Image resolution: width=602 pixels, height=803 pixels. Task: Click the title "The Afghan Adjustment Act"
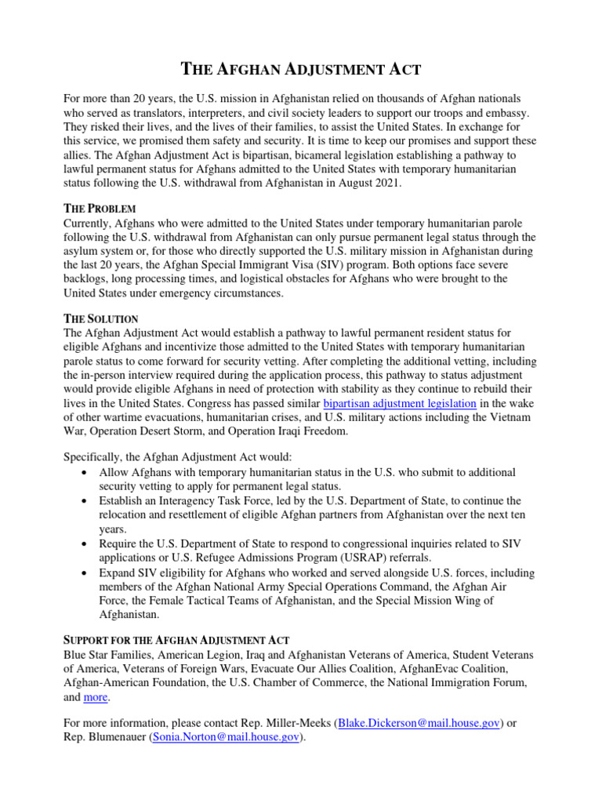point(301,70)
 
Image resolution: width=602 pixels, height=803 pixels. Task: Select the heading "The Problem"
point(100,209)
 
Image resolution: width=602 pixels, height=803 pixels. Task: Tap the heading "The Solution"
point(100,319)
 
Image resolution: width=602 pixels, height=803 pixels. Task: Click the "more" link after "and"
point(96,697)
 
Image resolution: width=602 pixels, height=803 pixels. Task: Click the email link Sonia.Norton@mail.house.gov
point(225,737)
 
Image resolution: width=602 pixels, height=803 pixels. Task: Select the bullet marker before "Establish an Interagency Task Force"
point(84,501)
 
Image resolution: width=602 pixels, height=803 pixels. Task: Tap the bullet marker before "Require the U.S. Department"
point(84,543)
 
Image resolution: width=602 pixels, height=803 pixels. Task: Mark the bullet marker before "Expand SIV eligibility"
point(84,572)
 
